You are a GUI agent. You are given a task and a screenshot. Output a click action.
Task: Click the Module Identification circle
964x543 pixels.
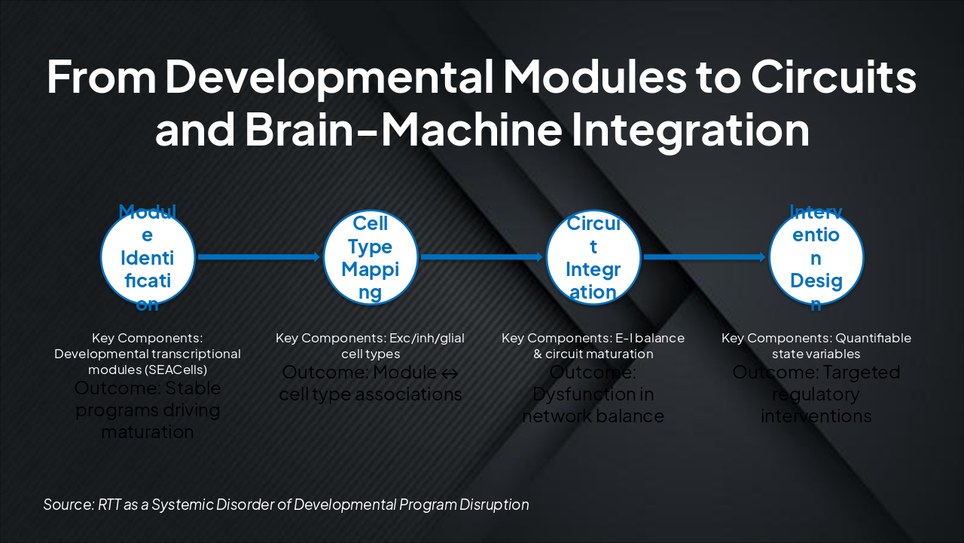(x=148, y=257)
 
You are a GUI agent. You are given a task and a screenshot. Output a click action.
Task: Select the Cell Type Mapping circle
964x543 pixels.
(x=371, y=257)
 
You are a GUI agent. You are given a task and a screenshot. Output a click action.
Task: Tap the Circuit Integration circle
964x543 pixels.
(x=593, y=257)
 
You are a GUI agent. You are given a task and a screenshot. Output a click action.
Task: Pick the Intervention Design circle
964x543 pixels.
(x=816, y=257)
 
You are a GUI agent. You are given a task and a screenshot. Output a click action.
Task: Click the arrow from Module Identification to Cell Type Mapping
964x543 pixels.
(x=259, y=257)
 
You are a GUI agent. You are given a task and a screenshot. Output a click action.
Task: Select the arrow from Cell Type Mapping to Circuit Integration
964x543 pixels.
(x=482, y=257)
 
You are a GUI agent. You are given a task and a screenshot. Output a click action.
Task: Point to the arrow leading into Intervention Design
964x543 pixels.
(x=705, y=257)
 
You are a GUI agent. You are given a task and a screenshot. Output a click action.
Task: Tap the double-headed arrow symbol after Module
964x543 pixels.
(x=450, y=373)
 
